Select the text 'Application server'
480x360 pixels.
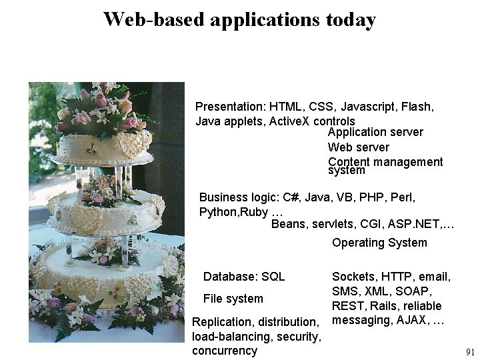[375, 132]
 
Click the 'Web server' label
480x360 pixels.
[359, 147]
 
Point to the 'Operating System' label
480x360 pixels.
[379, 243]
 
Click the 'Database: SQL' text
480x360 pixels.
[244, 277]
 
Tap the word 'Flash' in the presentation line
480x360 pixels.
[418, 107]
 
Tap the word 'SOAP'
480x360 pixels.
[416, 291]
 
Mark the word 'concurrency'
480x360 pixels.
[224, 351]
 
